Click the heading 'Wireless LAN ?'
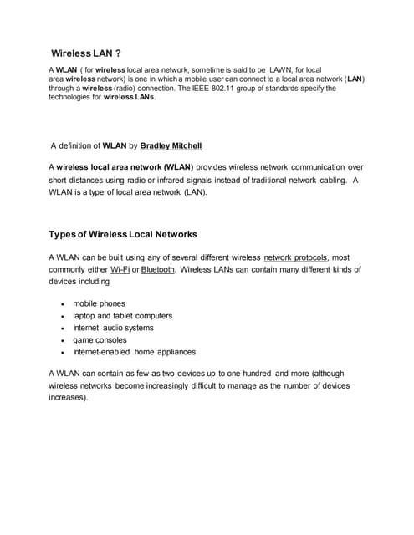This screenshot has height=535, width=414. coord(87,53)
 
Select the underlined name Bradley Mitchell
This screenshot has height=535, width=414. coord(171,145)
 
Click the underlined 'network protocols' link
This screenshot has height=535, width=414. coord(295,257)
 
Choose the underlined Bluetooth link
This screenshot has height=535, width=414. coord(158,270)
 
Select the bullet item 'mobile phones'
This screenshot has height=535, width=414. coord(99,303)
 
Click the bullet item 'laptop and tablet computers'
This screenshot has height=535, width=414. coord(122,316)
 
